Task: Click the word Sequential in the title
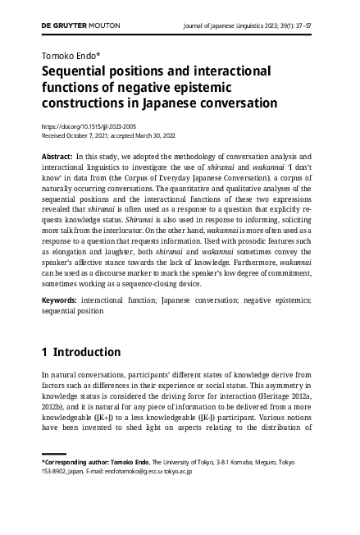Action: point(81,71)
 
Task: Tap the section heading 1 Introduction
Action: point(81,353)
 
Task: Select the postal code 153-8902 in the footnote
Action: point(56,472)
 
